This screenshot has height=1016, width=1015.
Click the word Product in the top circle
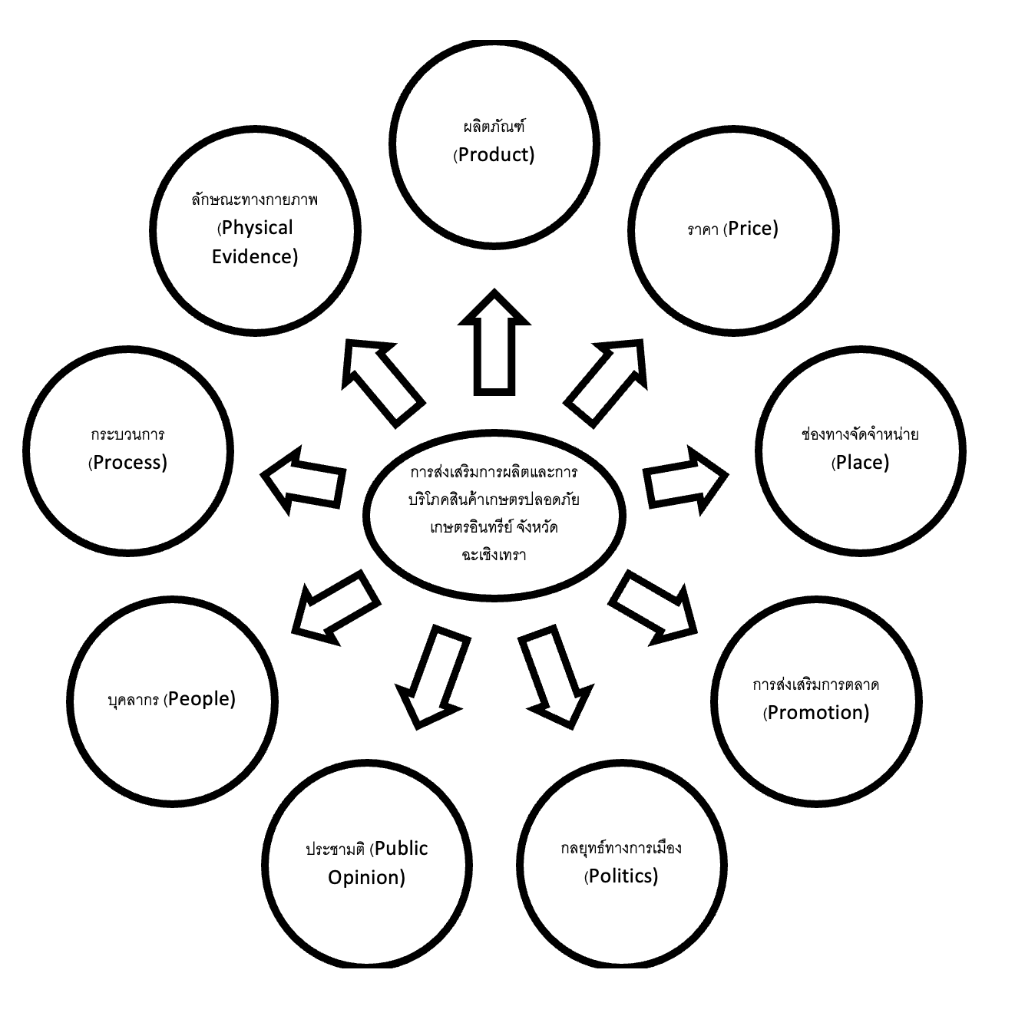point(496,155)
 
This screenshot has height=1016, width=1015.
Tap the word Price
point(752,229)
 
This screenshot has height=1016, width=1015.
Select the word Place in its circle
point(861,463)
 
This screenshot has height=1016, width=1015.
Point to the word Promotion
point(818,713)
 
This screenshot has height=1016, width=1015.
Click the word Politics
point(623,876)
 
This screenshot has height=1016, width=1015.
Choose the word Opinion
point(365,878)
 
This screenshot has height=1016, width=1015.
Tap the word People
point(201,699)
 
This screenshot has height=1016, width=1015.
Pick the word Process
point(129,463)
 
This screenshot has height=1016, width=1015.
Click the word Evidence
point(253,257)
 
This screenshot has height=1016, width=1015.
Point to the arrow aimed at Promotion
point(655,606)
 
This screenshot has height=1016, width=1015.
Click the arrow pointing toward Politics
point(554,674)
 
